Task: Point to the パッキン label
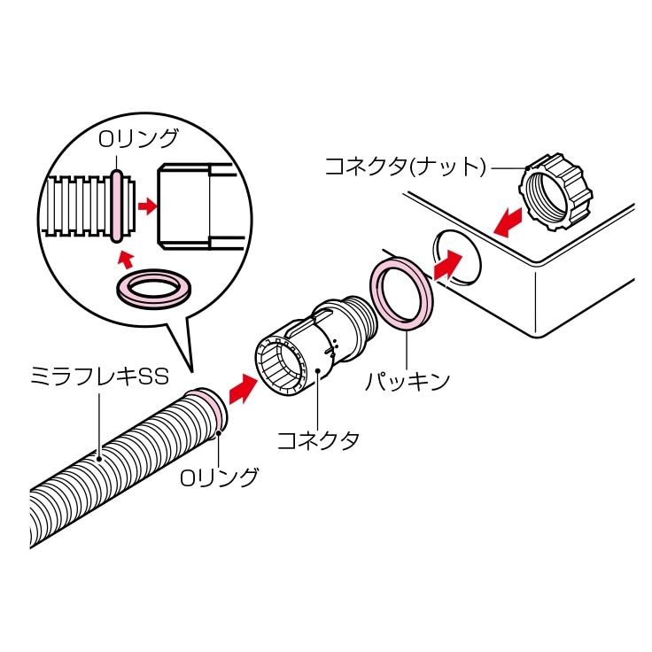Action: pyautogui.click(x=408, y=382)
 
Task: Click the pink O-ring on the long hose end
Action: pyautogui.click(x=210, y=410)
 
